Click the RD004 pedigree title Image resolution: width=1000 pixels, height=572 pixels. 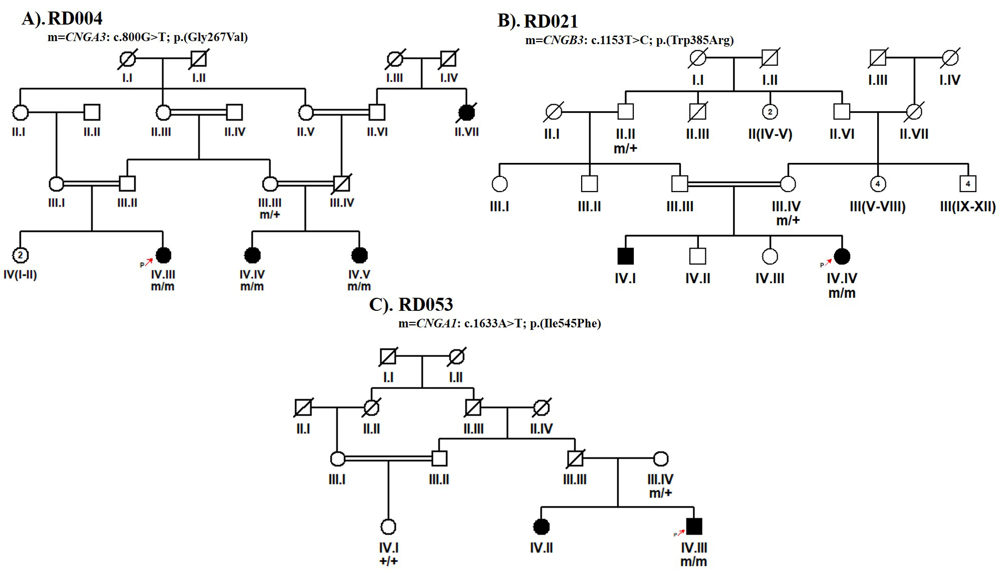coord(75,19)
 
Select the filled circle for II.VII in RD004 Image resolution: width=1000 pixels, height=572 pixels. coord(466,113)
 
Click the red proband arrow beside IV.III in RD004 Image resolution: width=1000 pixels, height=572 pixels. coord(149,262)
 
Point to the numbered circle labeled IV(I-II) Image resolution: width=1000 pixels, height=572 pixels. coord(20,255)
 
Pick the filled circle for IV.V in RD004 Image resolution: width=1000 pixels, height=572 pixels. coord(359,255)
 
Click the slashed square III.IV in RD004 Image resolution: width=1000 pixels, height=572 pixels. coord(342,184)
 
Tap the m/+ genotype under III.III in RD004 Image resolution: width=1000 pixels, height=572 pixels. coord(270,215)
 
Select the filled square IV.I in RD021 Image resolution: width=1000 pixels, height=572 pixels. coord(625,256)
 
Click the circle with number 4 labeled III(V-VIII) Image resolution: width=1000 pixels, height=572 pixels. coord(878,184)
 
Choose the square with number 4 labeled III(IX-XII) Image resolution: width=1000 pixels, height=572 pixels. coord(967,184)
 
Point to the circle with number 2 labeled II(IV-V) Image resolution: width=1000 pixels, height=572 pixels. coord(770,112)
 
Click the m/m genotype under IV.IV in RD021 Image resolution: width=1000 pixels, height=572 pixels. coord(842,293)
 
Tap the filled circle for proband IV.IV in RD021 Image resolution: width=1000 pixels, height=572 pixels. coord(842,256)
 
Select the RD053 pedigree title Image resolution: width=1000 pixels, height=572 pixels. coord(425,304)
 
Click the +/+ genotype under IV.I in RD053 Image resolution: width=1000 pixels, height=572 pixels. coord(388,561)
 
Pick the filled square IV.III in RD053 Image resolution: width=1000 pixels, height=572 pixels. coord(694,526)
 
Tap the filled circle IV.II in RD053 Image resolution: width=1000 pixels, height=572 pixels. coord(542,526)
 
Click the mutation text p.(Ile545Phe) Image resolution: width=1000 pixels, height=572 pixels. coord(566,323)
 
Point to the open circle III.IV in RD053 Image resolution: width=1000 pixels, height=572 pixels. coord(661,458)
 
